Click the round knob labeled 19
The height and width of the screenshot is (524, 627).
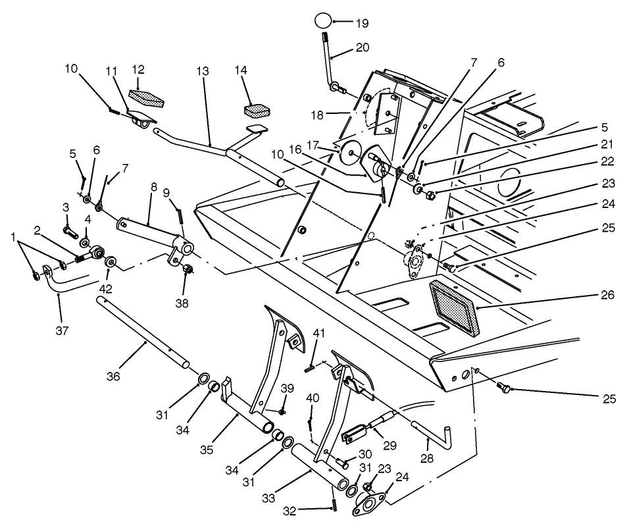point(322,21)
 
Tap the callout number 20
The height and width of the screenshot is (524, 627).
point(363,47)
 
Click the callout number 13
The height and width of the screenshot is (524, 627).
point(201,70)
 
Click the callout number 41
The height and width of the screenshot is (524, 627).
point(318,335)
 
